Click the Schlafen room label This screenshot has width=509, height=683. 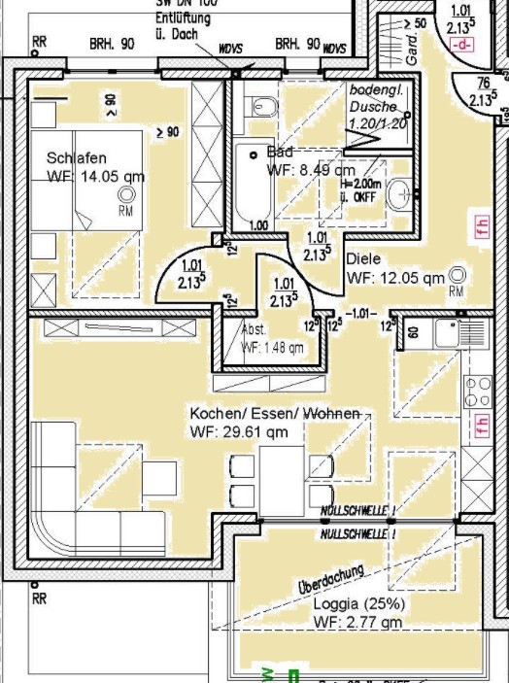(76, 158)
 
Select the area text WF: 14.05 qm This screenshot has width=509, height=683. (95, 177)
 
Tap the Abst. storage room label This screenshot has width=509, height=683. (254, 330)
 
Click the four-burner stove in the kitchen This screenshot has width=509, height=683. (478, 392)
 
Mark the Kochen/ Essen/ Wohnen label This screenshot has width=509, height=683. (277, 413)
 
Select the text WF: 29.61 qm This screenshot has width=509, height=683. (239, 431)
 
